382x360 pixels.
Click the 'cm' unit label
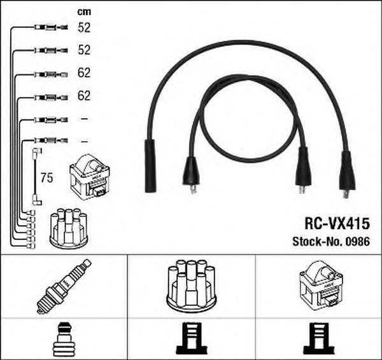84,12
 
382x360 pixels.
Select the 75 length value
46,177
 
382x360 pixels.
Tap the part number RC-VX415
337,223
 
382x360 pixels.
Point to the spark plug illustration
64,286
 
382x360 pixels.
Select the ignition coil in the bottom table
321,284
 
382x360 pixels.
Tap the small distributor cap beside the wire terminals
69,228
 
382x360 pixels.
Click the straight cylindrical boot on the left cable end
150,166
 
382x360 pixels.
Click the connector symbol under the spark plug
63,339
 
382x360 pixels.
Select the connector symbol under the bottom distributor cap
192,338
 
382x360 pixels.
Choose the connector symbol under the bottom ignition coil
318,338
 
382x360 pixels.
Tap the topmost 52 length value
84,27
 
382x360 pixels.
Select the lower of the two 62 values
84,95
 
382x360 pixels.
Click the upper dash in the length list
84,119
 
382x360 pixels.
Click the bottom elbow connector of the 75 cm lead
38,200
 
